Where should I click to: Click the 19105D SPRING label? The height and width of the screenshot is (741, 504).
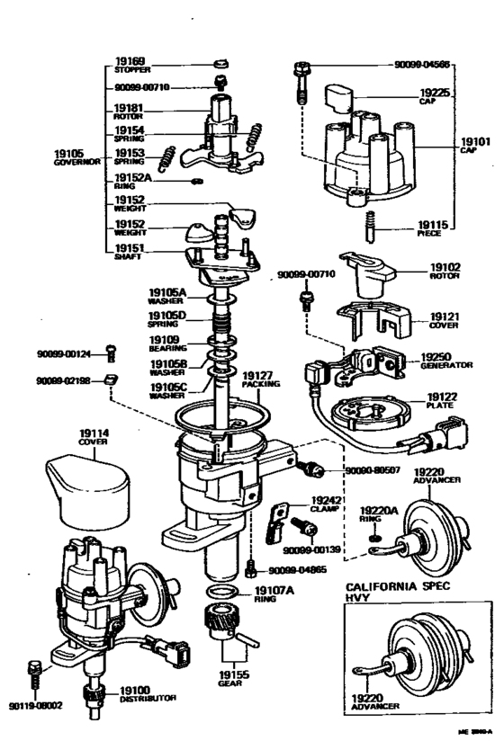click(166, 318)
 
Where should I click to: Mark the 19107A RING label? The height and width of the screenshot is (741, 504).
click(271, 594)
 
